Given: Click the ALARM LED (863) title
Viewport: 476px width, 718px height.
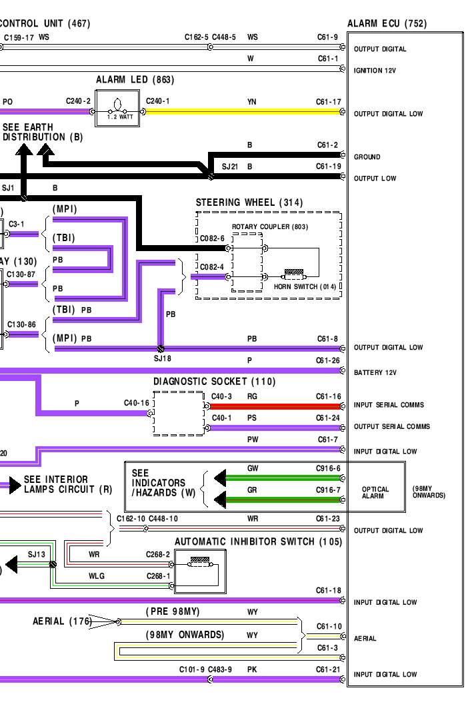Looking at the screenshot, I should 135,80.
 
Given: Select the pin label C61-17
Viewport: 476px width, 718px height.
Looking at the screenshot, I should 329,102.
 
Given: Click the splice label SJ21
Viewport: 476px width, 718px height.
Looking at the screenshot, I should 230,167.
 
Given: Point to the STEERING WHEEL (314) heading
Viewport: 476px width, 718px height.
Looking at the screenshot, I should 249,202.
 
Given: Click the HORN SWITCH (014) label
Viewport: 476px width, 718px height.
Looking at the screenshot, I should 309,287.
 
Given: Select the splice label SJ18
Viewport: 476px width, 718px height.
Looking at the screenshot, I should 163,358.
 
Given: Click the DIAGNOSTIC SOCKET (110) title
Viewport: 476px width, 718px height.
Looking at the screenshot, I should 214,382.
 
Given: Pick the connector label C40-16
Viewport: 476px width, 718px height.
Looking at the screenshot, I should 137,403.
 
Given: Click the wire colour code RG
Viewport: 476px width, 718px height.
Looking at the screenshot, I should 252,396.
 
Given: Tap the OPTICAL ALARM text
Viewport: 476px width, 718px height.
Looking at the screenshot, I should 375,492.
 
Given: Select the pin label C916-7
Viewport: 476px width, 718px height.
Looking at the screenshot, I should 328,490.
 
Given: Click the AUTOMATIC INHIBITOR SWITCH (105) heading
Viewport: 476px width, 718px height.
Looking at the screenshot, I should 258,541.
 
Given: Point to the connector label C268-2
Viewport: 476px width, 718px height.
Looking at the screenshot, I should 158,554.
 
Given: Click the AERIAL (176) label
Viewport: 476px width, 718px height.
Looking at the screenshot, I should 62,621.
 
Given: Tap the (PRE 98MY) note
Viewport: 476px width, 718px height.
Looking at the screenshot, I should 173,611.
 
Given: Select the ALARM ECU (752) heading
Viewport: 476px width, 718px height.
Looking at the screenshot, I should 387,24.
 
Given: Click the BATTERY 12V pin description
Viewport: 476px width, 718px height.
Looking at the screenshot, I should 375,373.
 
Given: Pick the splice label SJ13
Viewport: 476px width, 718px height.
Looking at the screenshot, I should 37,554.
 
